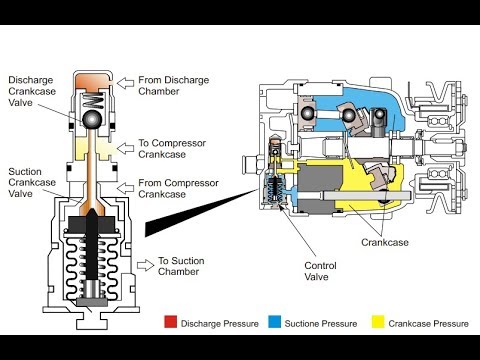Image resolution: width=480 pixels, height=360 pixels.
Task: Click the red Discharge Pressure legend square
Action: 170,322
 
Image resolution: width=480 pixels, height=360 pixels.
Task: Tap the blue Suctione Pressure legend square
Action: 274,322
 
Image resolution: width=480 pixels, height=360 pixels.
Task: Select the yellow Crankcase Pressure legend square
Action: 378,322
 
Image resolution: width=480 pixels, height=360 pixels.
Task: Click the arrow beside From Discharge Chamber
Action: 125,83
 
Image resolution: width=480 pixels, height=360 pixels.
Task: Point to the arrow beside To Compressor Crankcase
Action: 125,148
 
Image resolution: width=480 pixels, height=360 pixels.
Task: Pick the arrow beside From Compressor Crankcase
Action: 125,188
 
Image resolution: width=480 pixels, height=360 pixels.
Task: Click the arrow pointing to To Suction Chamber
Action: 145,265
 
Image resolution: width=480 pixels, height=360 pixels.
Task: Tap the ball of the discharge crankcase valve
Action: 92,119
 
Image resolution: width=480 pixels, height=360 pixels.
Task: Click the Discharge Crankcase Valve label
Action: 32,91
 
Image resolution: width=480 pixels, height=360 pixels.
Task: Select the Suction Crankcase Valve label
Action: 32,183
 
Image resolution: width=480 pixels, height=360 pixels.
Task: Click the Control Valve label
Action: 320,271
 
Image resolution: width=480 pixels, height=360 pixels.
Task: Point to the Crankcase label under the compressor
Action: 385,242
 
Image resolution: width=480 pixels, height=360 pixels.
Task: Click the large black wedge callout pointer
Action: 201,213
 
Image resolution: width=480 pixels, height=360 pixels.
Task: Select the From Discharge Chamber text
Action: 174,86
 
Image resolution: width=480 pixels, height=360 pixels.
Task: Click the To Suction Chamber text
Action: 181,266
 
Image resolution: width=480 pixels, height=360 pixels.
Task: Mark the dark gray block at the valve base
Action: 92,302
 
